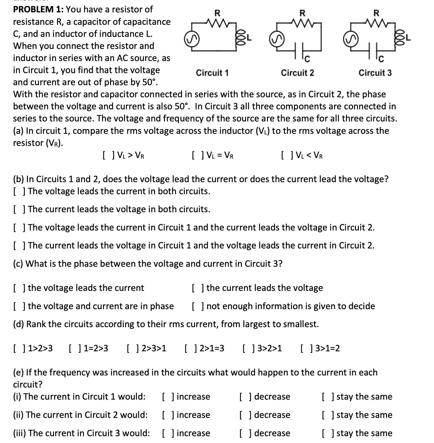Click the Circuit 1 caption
(212, 73)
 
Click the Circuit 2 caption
(297, 73)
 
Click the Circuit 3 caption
(375, 73)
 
